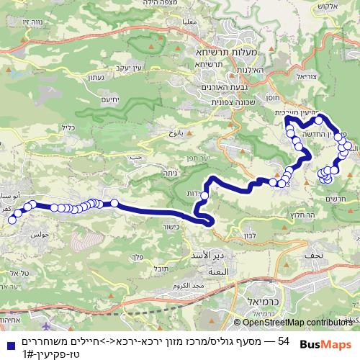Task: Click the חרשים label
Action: pos(335,199)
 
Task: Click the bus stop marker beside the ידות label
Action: pos(204,194)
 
